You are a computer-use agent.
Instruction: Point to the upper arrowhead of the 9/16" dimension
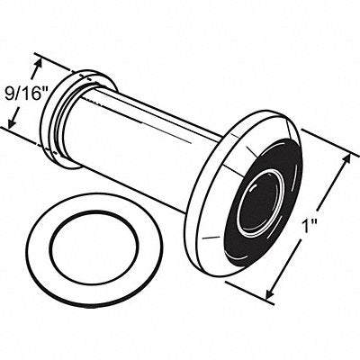pos(38,65)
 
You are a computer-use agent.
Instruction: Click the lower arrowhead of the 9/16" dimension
pos(12,122)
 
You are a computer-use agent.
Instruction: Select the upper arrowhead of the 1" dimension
pos(346,160)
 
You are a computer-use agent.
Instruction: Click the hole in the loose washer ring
pos(94,247)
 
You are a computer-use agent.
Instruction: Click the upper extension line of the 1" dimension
pos(330,141)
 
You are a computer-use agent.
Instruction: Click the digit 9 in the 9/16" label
pos(9,94)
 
